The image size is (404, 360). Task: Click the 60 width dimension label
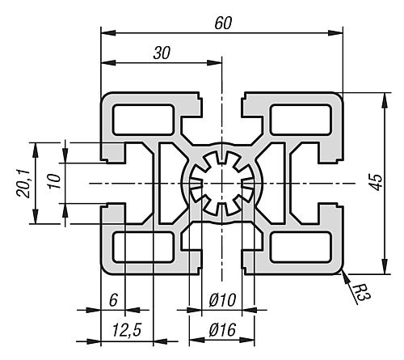click(x=223, y=23)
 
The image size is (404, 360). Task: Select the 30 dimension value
click(x=162, y=53)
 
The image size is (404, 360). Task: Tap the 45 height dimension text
click(x=377, y=183)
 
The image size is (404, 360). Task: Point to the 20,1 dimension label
click(x=23, y=184)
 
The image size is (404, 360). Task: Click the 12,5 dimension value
click(x=127, y=329)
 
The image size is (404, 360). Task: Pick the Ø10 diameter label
click(x=222, y=299)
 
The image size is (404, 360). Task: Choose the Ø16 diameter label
click(x=222, y=329)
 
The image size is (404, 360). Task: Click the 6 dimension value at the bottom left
click(x=113, y=300)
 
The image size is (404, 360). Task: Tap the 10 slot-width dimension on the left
click(x=54, y=181)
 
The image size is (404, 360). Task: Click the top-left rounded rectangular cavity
click(x=143, y=120)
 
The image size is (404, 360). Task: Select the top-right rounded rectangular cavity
click(x=301, y=120)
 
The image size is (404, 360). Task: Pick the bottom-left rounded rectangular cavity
click(x=143, y=247)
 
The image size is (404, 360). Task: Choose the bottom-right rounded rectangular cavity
click(x=301, y=247)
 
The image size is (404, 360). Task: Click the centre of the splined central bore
click(x=221, y=184)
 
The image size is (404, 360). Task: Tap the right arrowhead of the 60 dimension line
click(x=335, y=33)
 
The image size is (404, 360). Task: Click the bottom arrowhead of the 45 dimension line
click(x=385, y=266)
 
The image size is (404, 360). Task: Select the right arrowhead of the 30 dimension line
click(x=214, y=63)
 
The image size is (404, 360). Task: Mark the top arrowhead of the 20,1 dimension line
click(x=36, y=150)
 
